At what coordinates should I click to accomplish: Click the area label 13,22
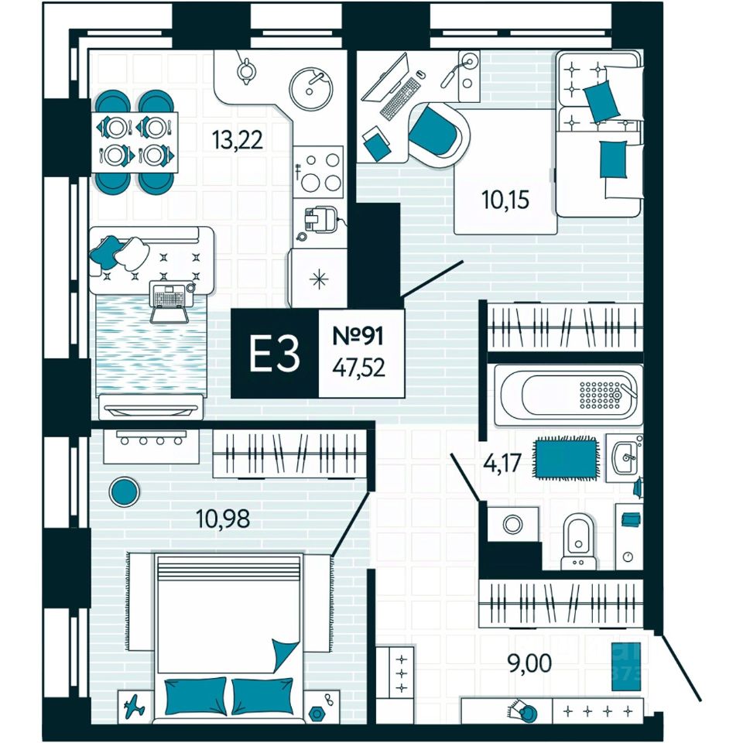pyautogui.click(x=238, y=140)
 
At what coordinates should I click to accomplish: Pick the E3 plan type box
pyautogui.click(x=274, y=354)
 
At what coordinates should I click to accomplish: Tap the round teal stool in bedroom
pyautogui.click(x=123, y=490)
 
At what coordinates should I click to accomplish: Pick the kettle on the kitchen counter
pyautogui.click(x=247, y=70)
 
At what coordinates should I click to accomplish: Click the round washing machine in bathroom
pyautogui.click(x=512, y=526)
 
